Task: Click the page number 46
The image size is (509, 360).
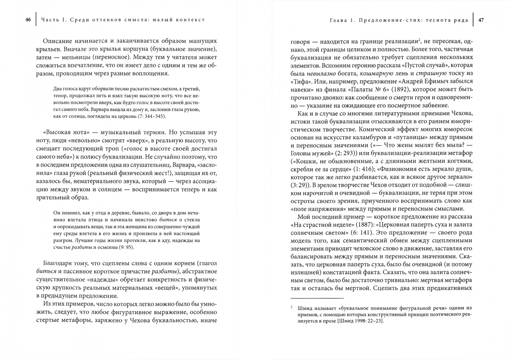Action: (x=28, y=20)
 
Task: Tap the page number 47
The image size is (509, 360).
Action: (x=481, y=20)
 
